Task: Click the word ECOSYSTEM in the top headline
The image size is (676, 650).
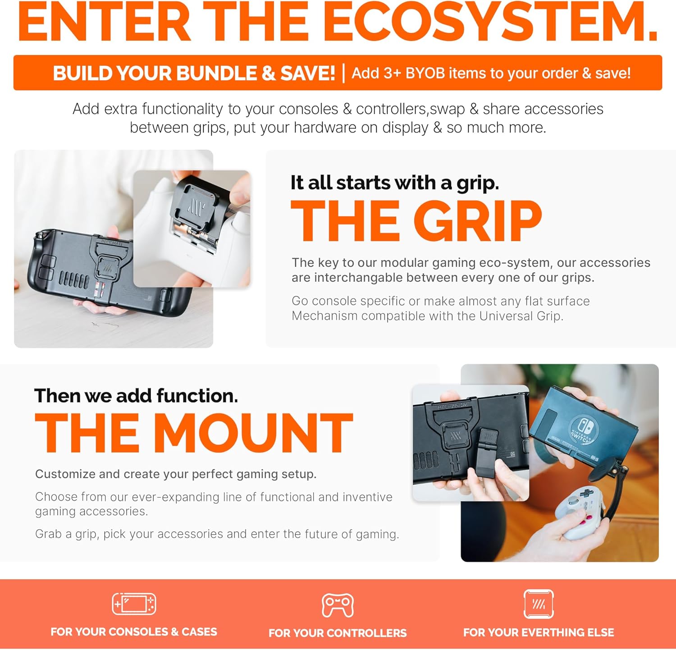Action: coord(490,22)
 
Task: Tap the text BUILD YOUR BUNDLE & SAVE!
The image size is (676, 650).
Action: coord(194,73)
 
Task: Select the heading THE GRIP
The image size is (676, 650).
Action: coord(416,221)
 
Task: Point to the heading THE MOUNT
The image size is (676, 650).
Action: coord(194,433)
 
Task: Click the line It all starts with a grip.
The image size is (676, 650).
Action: coord(395,183)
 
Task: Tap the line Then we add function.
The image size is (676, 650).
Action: coord(136,396)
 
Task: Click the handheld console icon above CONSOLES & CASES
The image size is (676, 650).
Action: coord(134,604)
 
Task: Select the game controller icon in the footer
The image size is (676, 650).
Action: coord(338,605)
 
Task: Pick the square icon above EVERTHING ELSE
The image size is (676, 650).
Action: coord(539,604)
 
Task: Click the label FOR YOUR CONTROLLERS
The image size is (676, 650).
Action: coord(338,633)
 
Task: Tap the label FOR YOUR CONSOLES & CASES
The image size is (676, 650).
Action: coord(134,632)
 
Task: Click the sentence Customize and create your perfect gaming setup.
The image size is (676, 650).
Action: coord(176,474)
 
